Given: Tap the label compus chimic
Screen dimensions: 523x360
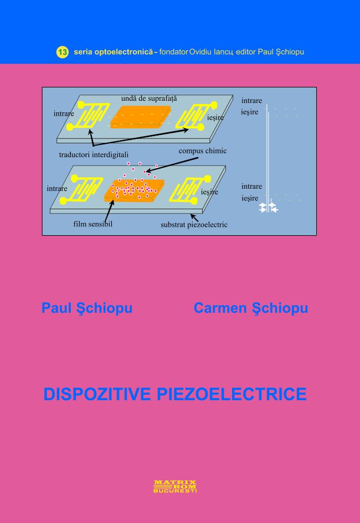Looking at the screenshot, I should pyautogui.click(x=202, y=151).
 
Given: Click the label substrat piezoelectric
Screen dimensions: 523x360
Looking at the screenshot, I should pyautogui.click(x=194, y=225).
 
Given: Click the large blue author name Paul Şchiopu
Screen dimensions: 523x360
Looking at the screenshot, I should pyautogui.click(x=87, y=308).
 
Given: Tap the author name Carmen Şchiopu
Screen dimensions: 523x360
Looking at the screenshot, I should pyautogui.click(x=250, y=308).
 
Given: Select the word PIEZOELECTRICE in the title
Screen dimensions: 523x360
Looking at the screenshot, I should pyautogui.click(x=232, y=394).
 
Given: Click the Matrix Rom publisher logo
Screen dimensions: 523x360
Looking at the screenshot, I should pyautogui.click(x=175, y=485).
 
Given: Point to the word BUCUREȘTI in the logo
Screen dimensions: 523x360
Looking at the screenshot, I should pyautogui.click(x=175, y=490).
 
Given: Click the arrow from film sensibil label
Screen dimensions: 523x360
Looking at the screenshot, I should pyautogui.click(x=109, y=210).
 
